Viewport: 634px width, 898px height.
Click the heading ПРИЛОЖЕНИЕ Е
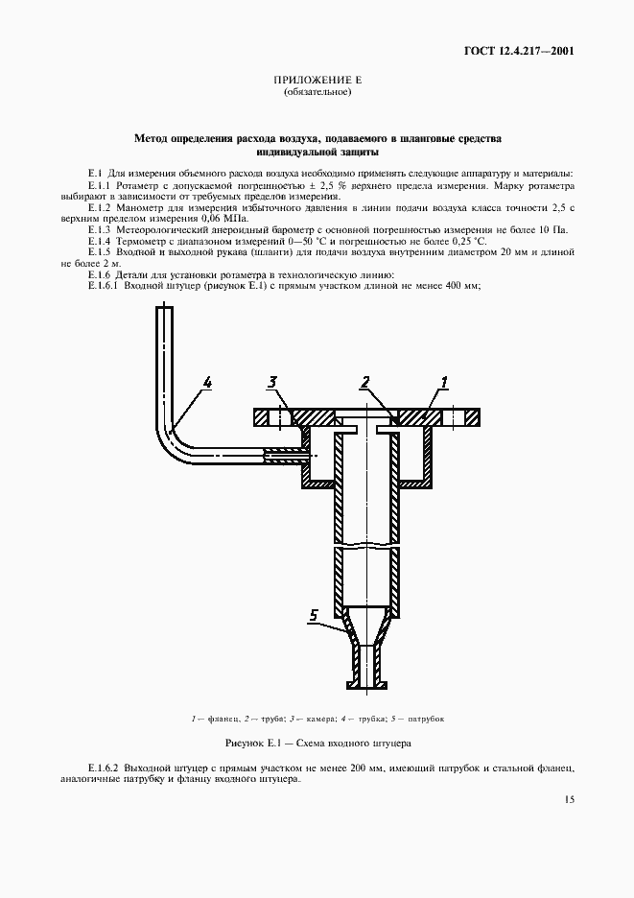[x=317, y=83]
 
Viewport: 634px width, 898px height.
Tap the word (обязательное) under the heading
[x=317, y=93]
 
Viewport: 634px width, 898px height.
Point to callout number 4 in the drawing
[x=208, y=383]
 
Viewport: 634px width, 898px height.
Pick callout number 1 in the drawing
[x=444, y=383]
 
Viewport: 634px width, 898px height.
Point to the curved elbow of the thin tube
[x=174, y=438]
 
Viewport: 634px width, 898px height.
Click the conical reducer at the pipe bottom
[x=365, y=627]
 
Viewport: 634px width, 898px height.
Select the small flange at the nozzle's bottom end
[x=365, y=685]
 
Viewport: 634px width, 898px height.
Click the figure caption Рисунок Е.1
[x=317, y=744]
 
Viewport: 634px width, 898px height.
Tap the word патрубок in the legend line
[x=424, y=719]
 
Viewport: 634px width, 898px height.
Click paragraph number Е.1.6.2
[x=103, y=769]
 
